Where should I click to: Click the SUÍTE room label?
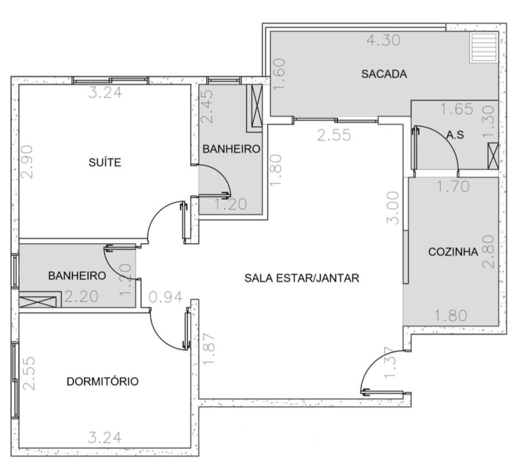point(105,163)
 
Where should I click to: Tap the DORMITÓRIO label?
point(103,382)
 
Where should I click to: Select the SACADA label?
point(384,74)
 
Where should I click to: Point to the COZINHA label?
point(454,252)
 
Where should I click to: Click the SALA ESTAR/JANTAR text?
point(302,278)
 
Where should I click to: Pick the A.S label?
point(455,135)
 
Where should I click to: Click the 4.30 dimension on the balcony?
point(384,40)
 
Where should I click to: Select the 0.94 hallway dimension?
point(166,297)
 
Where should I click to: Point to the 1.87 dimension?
point(209,349)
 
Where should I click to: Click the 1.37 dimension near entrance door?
point(390,362)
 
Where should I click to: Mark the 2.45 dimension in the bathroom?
point(208,107)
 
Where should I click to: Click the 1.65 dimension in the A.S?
point(456,109)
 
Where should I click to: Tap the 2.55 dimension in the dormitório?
point(29,373)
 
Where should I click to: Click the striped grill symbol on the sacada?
point(484,47)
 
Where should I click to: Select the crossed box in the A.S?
point(493,156)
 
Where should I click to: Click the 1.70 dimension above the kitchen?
point(453,187)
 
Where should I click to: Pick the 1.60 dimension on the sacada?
point(278,74)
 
